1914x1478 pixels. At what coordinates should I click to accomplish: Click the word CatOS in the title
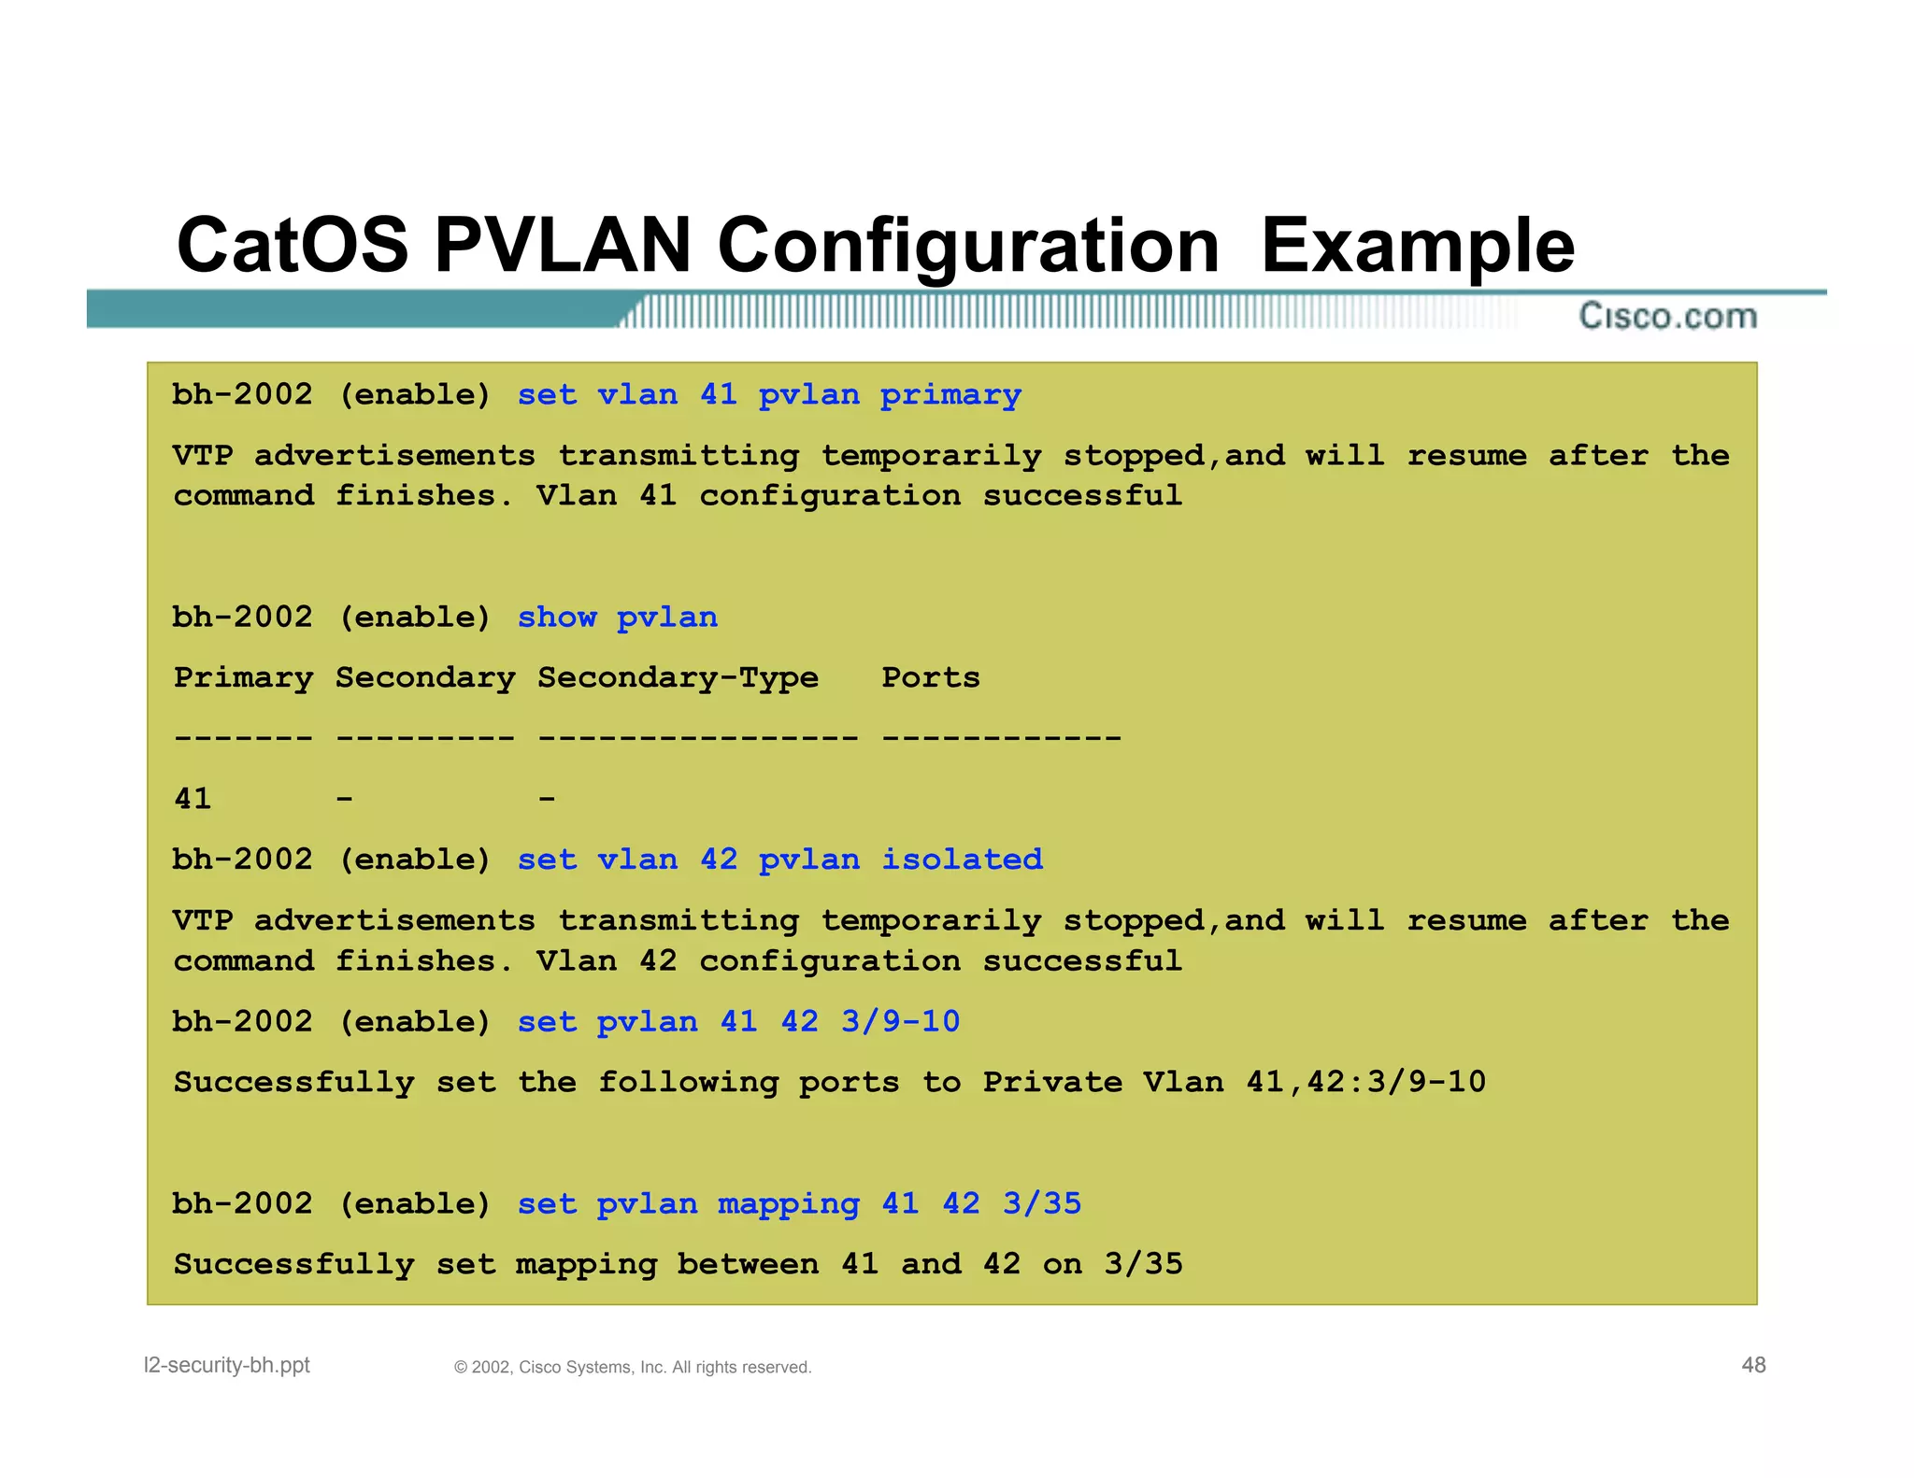(293, 245)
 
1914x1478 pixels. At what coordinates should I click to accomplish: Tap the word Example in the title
(1417, 245)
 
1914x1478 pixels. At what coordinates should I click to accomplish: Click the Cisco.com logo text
(1668, 316)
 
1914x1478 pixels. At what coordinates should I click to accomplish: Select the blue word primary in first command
(950, 395)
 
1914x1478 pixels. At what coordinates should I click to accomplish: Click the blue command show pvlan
(618, 618)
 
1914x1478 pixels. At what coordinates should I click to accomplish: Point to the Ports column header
(931, 677)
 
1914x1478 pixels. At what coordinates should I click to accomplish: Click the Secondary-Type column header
(678, 677)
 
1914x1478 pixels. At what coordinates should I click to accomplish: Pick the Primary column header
(243, 677)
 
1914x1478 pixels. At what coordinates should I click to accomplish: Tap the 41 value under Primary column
(193, 799)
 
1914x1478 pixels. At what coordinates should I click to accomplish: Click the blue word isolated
(962, 860)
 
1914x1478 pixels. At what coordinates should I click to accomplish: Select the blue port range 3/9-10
(900, 1021)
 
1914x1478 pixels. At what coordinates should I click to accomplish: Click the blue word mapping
(788, 1203)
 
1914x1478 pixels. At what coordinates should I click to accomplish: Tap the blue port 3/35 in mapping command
(1042, 1203)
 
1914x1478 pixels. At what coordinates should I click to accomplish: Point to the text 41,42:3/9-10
(1365, 1082)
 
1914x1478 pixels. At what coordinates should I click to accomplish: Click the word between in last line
(748, 1264)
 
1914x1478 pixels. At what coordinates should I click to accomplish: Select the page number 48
(1753, 1365)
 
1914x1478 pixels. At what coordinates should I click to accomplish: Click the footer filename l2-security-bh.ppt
(226, 1365)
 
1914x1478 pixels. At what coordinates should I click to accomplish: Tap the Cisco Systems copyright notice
(633, 1367)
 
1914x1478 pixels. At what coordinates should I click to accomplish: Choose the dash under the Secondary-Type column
(547, 799)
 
